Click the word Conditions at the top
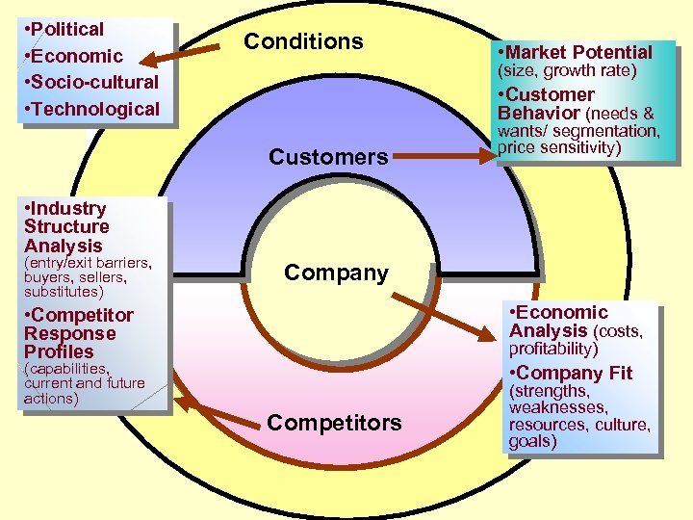point(303,41)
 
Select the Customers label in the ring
point(328,157)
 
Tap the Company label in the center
point(336,273)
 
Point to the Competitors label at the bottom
point(334,423)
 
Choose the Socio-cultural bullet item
point(91,82)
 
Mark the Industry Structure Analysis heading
point(66,226)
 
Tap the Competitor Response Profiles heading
point(78,333)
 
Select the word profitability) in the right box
point(553,349)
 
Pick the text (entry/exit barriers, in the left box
point(88,262)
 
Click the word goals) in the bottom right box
point(533,441)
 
